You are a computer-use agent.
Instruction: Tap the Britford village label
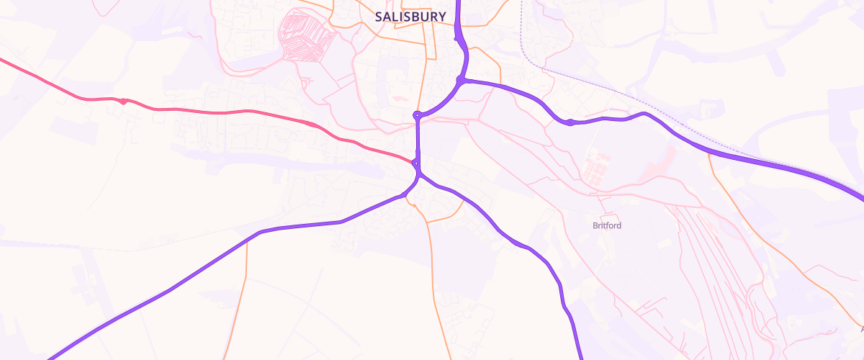pyautogui.click(x=606, y=225)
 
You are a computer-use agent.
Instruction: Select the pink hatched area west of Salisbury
pyautogui.click(x=302, y=35)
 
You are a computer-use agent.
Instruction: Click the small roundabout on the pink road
pyautogui.click(x=125, y=102)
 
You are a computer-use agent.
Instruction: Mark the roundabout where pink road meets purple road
pyautogui.click(x=416, y=164)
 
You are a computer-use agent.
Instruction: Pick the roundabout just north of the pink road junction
pyautogui.click(x=417, y=114)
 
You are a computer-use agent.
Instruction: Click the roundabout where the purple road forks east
pyautogui.click(x=460, y=79)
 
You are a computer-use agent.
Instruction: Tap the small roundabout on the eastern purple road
pyautogui.click(x=570, y=122)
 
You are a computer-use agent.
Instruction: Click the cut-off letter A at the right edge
pyautogui.click(x=861, y=329)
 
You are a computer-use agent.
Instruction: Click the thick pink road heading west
pyautogui.click(x=216, y=111)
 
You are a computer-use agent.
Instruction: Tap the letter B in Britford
pyautogui.click(x=595, y=225)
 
